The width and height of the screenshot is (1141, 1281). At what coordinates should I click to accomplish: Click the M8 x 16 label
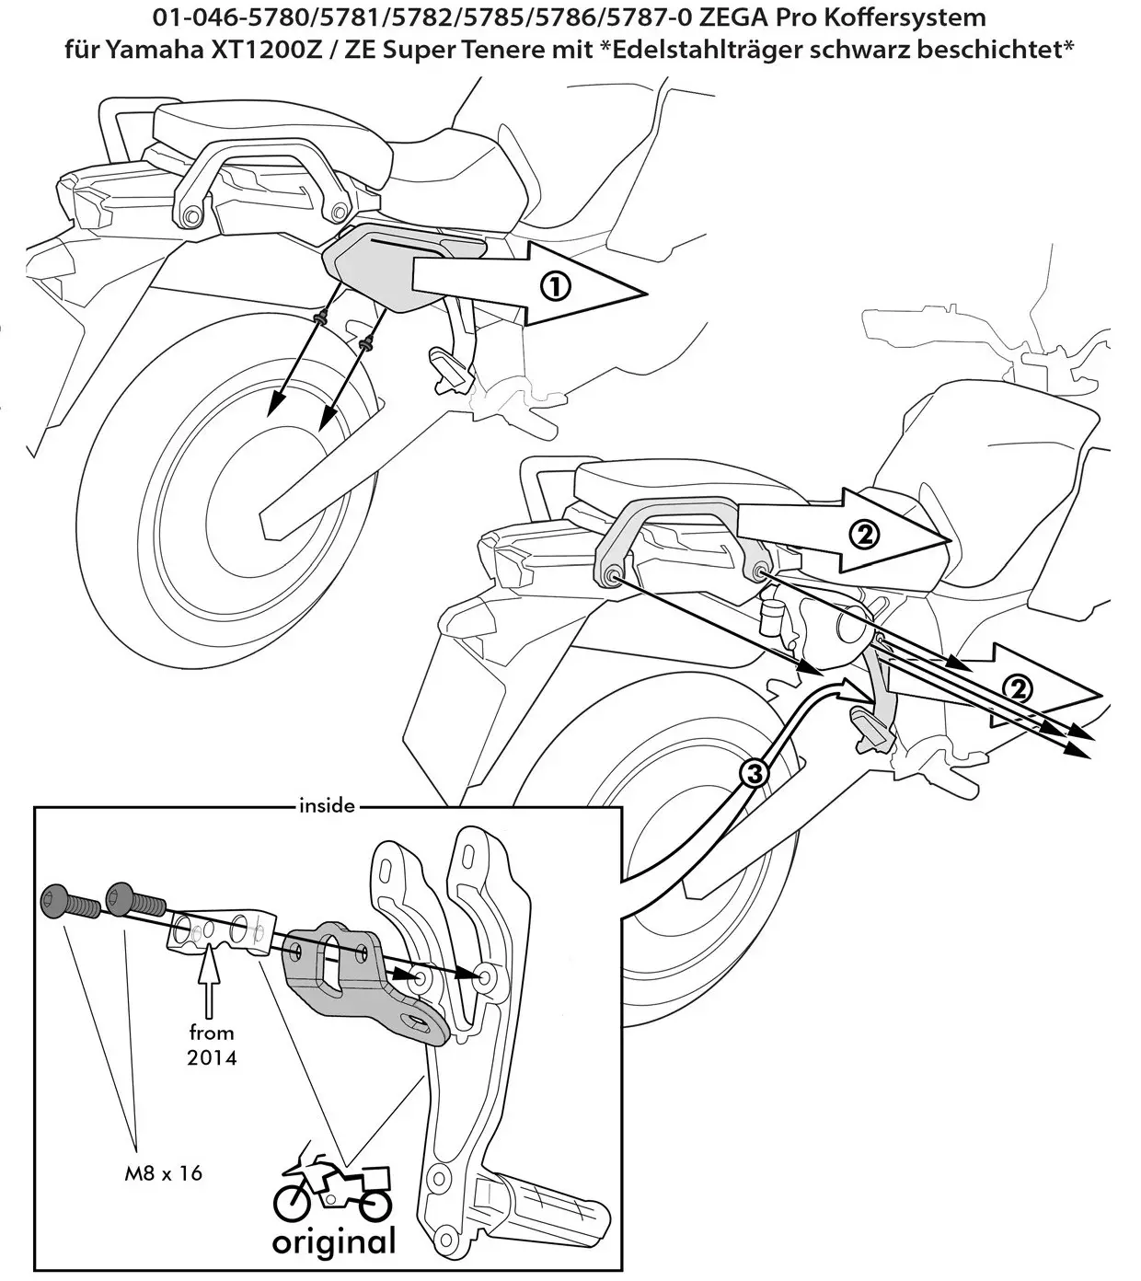(164, 1172)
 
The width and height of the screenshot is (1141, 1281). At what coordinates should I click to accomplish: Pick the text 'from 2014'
(212, 1044)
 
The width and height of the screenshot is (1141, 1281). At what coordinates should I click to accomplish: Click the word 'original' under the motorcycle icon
(333, 1241)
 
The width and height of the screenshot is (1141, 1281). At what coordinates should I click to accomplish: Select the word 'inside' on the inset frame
(327, 806)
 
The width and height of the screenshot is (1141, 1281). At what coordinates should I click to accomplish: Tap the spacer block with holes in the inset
(221, 931)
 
